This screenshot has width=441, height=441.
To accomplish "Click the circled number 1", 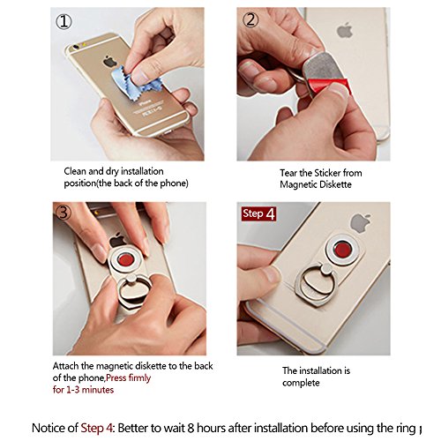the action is coord(64,21).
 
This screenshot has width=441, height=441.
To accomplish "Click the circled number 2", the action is coord(250,20).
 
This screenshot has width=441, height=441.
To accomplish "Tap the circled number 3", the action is coord(64,212).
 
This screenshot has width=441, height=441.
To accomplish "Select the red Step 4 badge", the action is coord(258,213).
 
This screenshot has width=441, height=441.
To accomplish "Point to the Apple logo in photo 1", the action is coord(110,62).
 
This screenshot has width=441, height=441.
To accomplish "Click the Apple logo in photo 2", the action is coord(345,30).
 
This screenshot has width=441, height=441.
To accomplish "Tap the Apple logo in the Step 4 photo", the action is coord(361,223).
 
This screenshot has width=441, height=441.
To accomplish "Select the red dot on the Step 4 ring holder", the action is coord(342,249).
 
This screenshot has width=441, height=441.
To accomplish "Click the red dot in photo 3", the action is coord(126,260).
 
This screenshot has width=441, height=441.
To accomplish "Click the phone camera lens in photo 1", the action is coord(76,47).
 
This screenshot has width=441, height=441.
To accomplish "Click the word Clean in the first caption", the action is coord(75,171).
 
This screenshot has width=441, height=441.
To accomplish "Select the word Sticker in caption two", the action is coord(326,173).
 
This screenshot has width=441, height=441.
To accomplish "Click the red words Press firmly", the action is coord(128,377).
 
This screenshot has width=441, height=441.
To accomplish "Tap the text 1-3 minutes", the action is coord(90,390).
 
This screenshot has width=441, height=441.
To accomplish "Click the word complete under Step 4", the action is coord(301,383).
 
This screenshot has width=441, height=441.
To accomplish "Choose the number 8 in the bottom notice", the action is coord(191,428).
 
